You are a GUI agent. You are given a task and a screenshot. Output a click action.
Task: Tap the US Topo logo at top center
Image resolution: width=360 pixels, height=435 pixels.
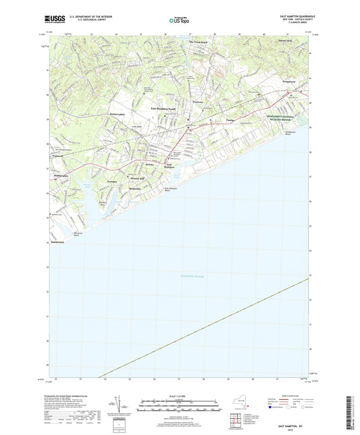(178, 21)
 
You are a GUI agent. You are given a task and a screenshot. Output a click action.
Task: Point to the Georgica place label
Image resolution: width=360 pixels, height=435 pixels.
(114, 181)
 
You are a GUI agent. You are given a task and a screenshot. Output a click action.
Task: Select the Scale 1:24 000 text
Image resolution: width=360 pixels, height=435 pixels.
(180, 396)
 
